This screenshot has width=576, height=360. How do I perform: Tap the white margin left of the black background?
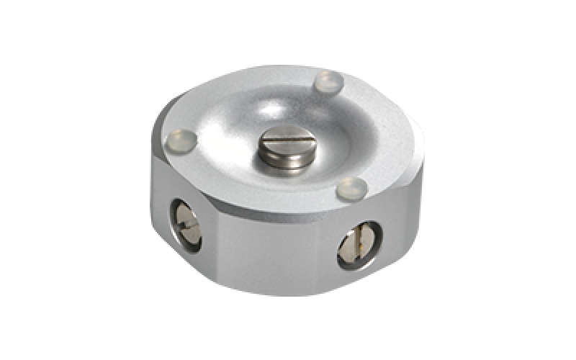click(x=54, y=180)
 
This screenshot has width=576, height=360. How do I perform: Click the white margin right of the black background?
click(x=522, y=180)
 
